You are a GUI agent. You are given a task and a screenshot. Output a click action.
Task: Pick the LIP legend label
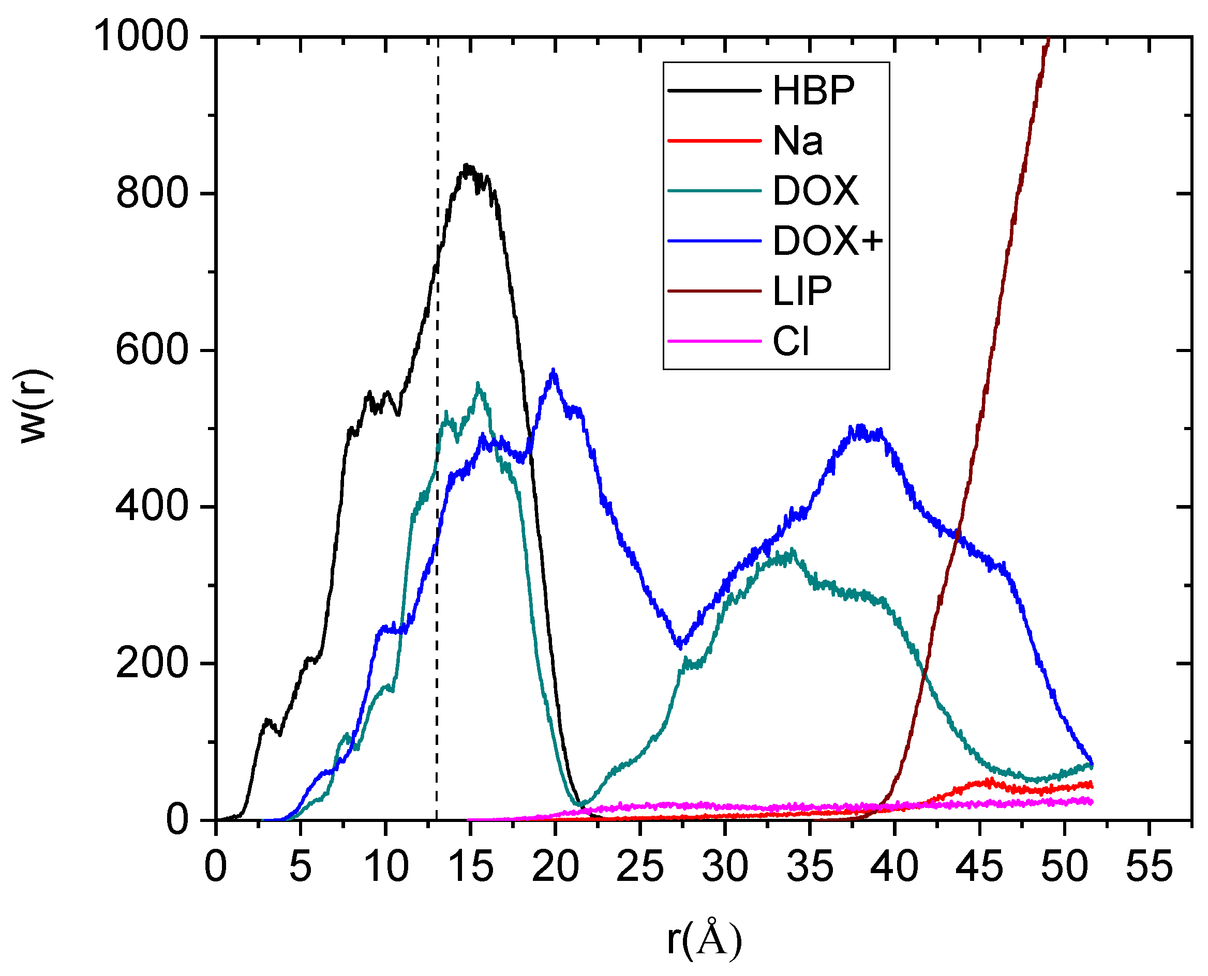pyautogui.click(x=802, y=291)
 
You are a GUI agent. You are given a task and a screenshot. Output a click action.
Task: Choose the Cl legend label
pyautogui.click(x=791, y=341)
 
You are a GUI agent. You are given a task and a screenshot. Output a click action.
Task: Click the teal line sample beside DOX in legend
pyautogui.click(x=714, y=191)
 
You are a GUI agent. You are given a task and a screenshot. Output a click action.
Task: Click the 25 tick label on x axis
pyautogui.click(x=640, y=866)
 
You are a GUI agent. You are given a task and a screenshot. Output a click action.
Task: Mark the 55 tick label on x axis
pyautogui.click(x=1149, y=866)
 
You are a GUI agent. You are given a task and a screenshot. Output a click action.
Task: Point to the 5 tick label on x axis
pyautogui.click(x=301, y=866)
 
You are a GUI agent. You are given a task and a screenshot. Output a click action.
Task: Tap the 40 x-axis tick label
pyautogui.click(x=894, y=866)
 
